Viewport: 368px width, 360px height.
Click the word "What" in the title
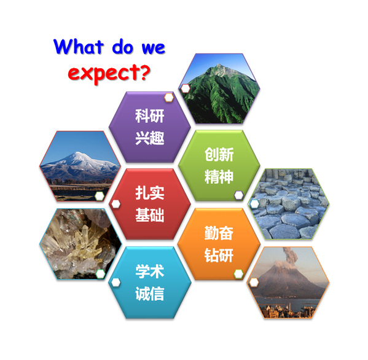click(79, 47)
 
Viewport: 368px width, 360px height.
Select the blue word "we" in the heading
click(154, 48)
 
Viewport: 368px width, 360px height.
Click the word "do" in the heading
click(122, 47)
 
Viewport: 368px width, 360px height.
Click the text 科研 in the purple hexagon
click(149, 115)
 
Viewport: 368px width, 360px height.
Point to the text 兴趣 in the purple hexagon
click(149, 138)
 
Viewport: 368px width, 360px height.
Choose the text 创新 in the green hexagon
click(219, 154)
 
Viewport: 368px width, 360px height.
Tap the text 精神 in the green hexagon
click(219, 176)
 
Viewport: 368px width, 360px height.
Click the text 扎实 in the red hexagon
click(149, 193)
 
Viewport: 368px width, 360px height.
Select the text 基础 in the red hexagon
click(149, 215)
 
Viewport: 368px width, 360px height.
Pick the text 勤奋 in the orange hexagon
click(219, 233)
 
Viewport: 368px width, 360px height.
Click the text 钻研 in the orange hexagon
click(219, 255)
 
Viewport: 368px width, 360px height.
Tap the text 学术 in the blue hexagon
click(149, 272)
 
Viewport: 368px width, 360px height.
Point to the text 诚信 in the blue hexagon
click(149, 294)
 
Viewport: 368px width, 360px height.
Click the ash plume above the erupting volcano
click(290, 256)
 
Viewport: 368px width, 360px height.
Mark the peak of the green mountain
click(219, 64)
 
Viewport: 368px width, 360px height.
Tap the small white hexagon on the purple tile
click(169, 98)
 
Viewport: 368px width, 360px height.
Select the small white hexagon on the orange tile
click(238, 273)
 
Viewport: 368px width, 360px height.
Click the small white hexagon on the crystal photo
click(100, 273)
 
